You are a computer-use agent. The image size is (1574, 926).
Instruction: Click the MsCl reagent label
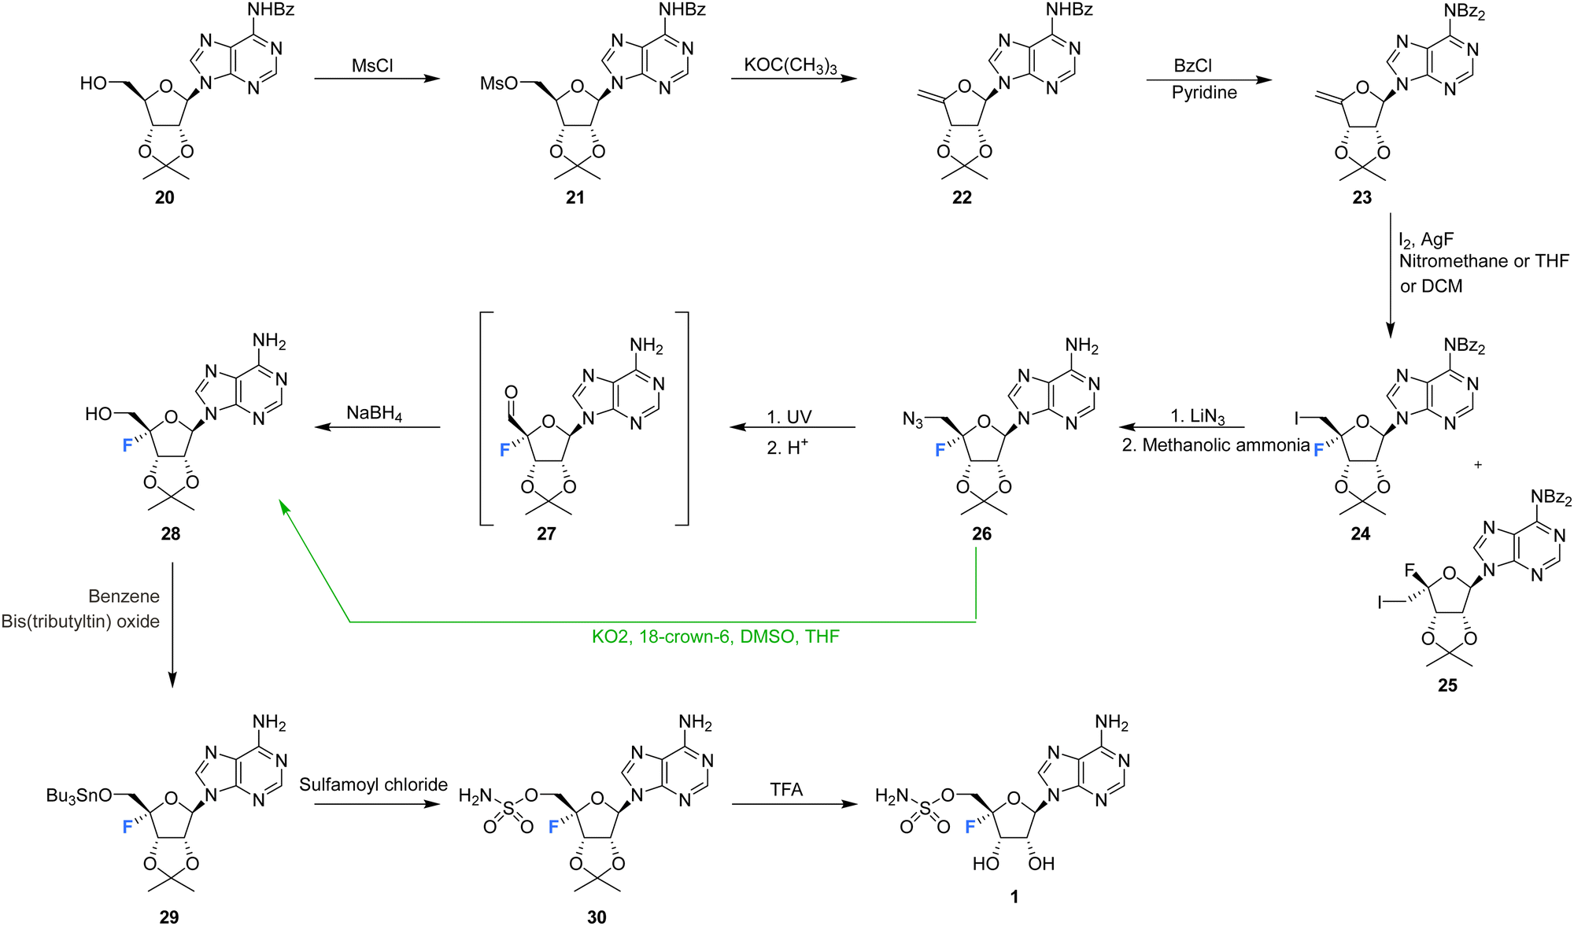click(x=372, y=65)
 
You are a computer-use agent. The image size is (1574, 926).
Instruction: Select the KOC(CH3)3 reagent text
click(x=792, y=65)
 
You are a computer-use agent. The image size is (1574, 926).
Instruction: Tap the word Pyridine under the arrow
click(x=1204, y=93)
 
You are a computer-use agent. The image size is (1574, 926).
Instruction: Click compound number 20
click(x=164, y=197)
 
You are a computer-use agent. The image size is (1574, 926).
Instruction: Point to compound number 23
click(x=1362, y=197)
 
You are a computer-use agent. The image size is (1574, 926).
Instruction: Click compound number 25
click(x=1447, y=685)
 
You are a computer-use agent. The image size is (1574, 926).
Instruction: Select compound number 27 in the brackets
click(x=546, y=533)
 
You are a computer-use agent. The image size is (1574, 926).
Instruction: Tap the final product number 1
click(x=1014, y=897)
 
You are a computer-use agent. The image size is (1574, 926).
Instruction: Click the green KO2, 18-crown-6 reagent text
click(x=715, y=636)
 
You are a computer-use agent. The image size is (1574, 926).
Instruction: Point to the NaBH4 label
click(x=375, y=414)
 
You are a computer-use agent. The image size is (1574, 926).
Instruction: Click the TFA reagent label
click(x=786, y=790)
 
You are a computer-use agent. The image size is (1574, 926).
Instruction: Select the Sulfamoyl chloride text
click(x=373, y=784)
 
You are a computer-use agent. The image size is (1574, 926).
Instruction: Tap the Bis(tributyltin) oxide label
click(x=80, y=622)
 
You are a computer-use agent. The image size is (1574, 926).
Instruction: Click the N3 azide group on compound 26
click(x=913, y=421)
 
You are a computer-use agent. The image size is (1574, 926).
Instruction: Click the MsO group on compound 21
click(x=499, y=83)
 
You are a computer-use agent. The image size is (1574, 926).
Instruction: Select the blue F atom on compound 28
click(x=127, y=446)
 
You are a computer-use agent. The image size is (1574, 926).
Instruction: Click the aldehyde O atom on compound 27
click(x=511, y=392)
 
